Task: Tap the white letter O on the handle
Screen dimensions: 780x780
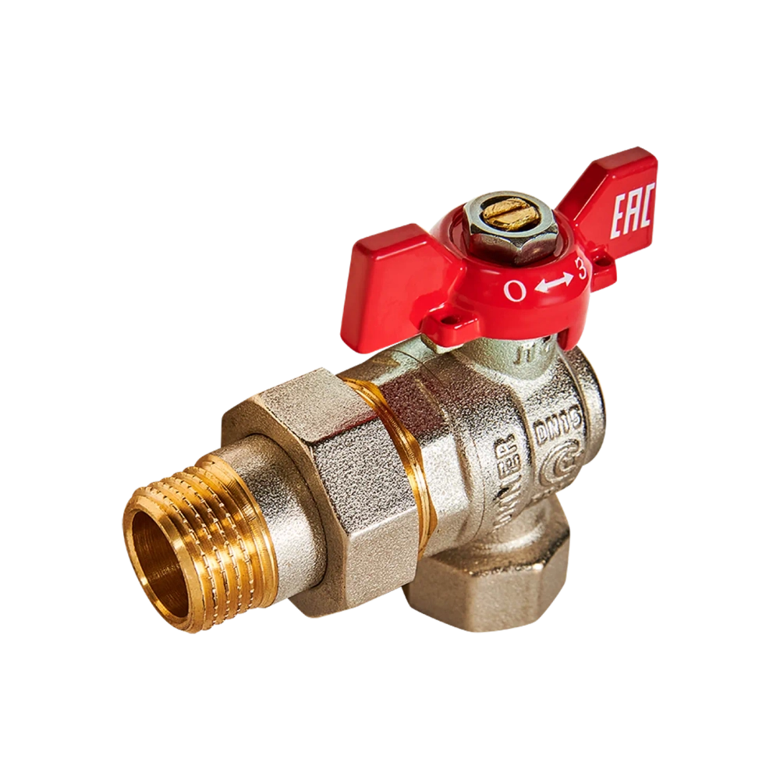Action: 513,291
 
